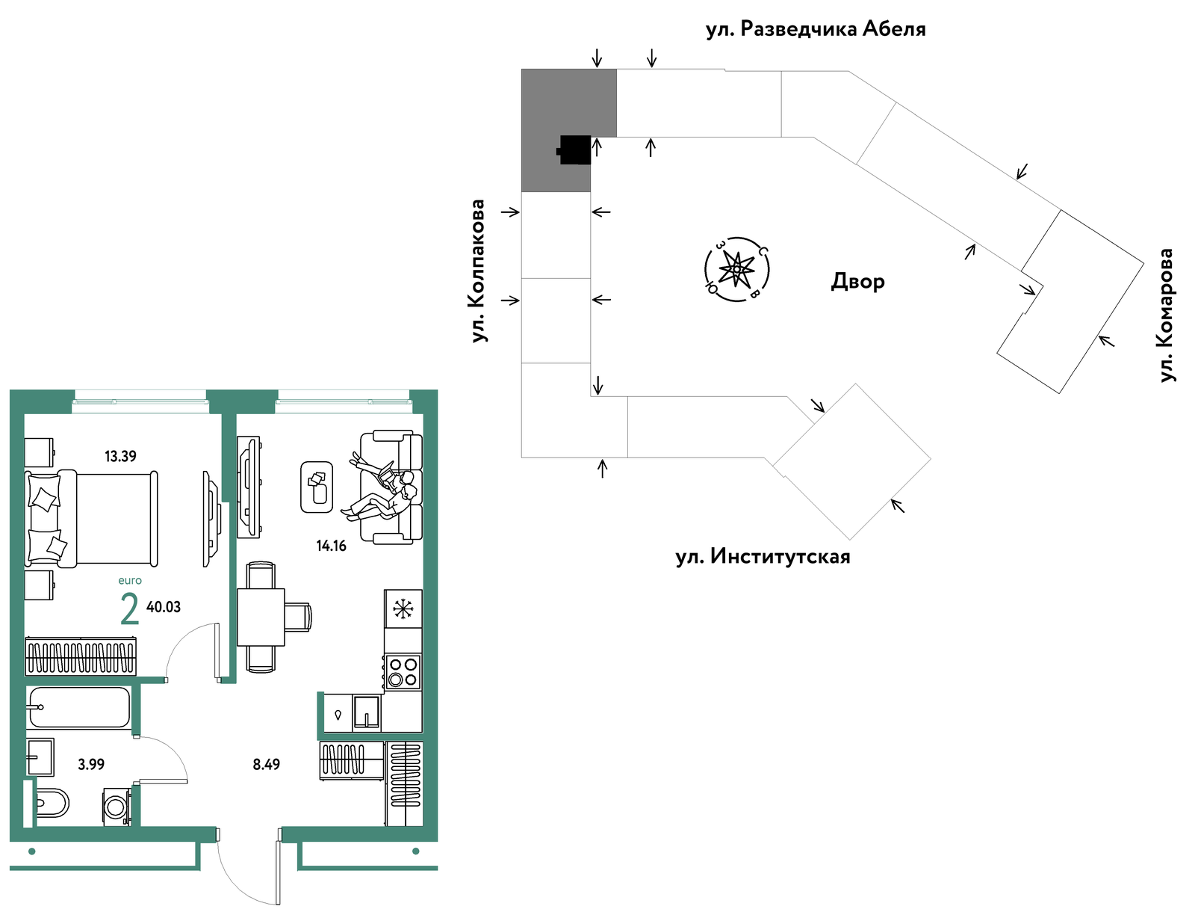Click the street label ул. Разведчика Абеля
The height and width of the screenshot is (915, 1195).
tap(815, 29)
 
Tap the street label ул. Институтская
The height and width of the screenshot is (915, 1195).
tap(763, 556)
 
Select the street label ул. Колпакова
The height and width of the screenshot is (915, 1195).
tap(477, 271)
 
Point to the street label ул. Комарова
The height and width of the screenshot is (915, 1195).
tap(1165, 315)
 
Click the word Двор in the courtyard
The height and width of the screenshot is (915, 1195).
tap(857, 281)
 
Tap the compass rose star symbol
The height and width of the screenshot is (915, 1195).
tap(736, 268)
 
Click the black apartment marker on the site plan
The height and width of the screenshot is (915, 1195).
tap(574, 150)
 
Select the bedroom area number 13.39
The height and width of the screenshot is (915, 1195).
tap(120, 456)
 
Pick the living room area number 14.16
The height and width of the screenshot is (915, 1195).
tap(331, 546)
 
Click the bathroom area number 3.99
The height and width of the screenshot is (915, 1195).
tap(91, 764)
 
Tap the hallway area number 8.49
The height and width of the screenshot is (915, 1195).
tap(266, 764)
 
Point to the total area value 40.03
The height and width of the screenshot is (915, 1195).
tap(164, 606)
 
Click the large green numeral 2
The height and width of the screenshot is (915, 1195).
tap(129, 609)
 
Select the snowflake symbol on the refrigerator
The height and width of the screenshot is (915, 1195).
tap(403, 609)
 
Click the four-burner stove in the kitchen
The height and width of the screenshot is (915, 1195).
tap(403, 673)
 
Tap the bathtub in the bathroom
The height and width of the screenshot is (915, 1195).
tap(79, 707)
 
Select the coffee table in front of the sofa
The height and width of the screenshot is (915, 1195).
tap(317, 487)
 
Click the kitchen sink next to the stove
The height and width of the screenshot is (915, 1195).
tap(367, 713)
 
